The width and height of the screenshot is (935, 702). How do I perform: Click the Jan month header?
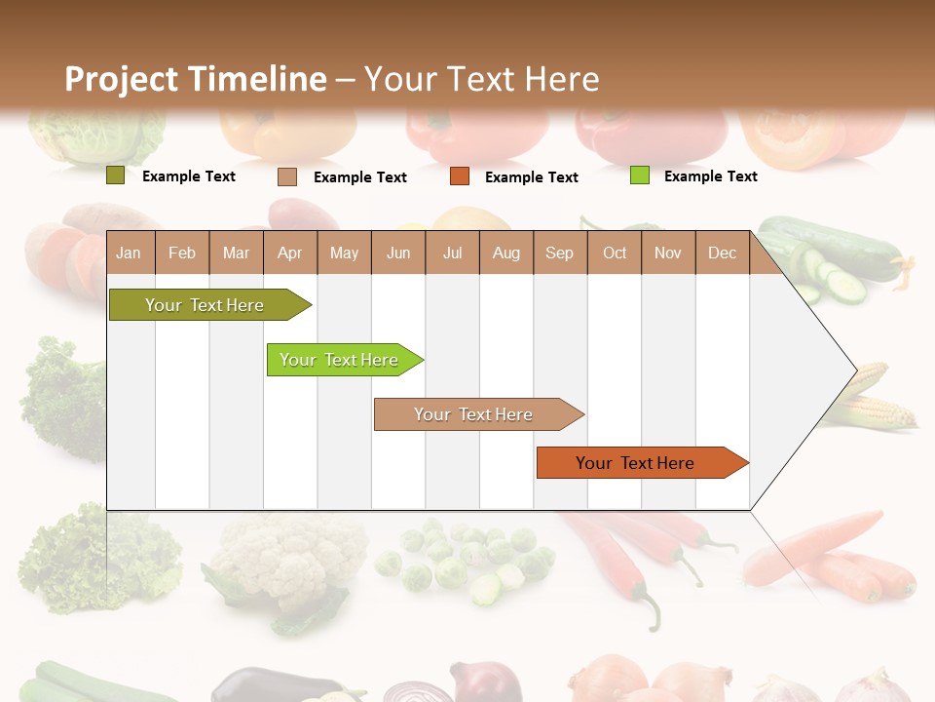(x=129, y=253)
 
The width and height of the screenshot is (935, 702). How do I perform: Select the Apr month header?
(x=289, y=253)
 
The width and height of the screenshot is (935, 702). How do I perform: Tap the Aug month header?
(x=505, y=253)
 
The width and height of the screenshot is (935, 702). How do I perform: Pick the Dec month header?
(x=722, y=253)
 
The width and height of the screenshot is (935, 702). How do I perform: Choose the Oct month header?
(x=615, y=253)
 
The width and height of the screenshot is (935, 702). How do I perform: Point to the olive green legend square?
(x=115, y=175)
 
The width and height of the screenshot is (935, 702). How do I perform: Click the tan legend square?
(x=286, y=176)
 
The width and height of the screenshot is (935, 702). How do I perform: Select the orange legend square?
(x=459, y=176)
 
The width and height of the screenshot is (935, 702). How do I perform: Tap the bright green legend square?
(x=639, y=175)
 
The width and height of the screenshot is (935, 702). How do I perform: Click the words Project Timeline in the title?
(x=195, y=79)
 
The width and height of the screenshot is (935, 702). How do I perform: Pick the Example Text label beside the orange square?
(x=531, y=177)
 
